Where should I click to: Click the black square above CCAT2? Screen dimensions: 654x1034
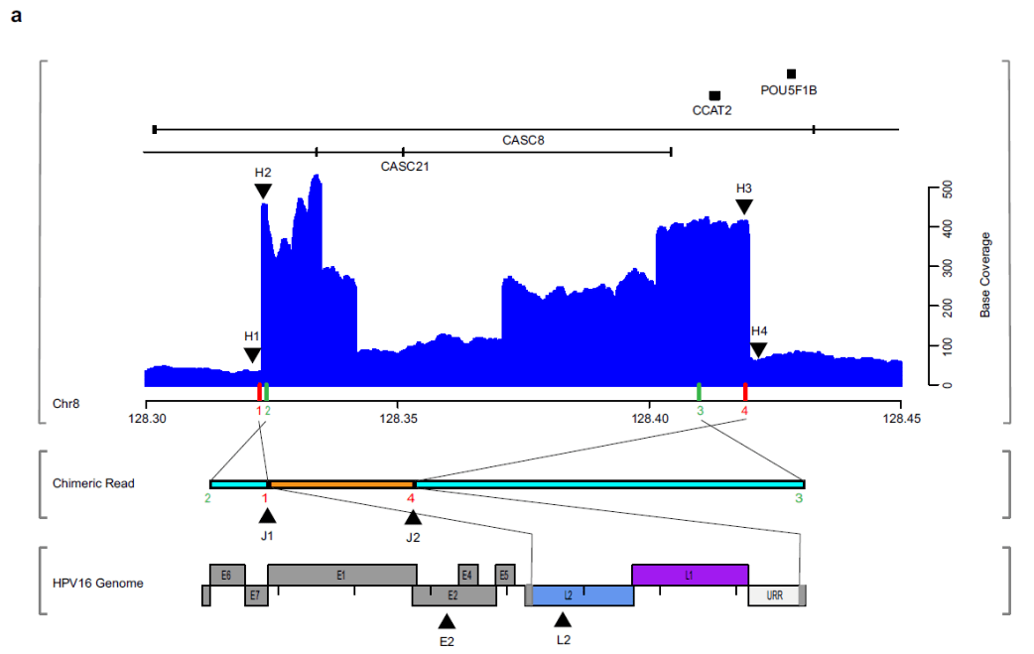[x=714, y=95]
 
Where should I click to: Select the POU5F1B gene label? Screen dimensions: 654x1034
[x=789, y=90]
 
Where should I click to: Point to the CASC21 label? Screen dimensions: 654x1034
[x=405, y=167]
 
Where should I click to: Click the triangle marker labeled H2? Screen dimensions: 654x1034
[x=263, y=191]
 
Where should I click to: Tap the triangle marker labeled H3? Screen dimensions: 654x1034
[x=744, y=206]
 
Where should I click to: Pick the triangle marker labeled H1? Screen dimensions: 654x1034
[x=252, y=355]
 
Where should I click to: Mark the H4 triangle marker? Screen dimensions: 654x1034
[x=758, y=349]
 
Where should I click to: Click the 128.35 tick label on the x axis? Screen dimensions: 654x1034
[x=397, y=420]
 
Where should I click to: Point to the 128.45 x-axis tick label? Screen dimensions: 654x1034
[x=900, y=420]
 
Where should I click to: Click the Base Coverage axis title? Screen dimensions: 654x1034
[x=985, y=275]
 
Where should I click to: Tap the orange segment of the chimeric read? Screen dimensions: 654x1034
[x=340, y=484]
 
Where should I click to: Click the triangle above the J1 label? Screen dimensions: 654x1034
[x=267, y=515]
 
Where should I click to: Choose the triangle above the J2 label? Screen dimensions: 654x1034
[x=413, y=517]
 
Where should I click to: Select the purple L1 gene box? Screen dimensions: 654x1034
[x=690, y=575]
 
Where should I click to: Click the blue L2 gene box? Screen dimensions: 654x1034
[x=581, y=595]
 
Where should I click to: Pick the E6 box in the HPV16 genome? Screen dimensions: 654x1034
[x=227, y=575]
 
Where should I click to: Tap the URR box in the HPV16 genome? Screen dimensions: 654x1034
[x=774, y=595]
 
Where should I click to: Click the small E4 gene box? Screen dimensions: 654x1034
[x=467, y=575]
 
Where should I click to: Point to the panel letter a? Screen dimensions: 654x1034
[x=17, y=17]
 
